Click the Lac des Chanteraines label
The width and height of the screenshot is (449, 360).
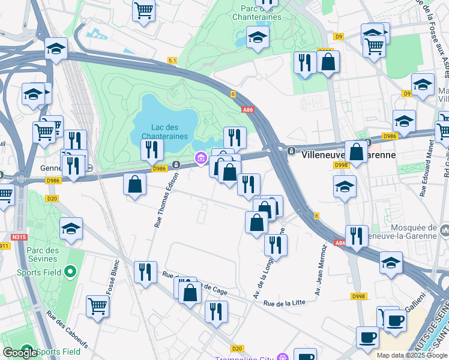(x=165, y=131)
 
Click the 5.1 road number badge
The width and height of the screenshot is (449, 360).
(x=172, y=61)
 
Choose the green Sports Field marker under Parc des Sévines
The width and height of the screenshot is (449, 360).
(x=70, y=272)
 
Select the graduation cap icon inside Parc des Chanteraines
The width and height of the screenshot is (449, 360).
(x=258, y=38)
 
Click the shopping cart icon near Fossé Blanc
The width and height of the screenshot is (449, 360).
(x=97, y=307)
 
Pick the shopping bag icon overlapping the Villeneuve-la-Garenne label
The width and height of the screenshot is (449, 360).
(x=356, y=152)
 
